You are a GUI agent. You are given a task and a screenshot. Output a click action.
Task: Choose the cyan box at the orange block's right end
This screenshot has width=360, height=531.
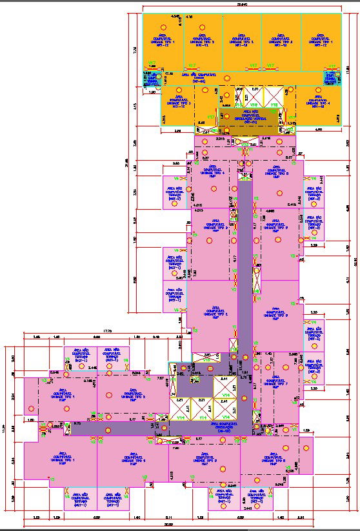pos(331,79)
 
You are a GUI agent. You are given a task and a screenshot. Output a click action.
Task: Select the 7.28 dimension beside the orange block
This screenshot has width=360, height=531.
pos(135,48)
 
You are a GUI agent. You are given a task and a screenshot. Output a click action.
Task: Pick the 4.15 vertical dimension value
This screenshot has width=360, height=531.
pos(135,106)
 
